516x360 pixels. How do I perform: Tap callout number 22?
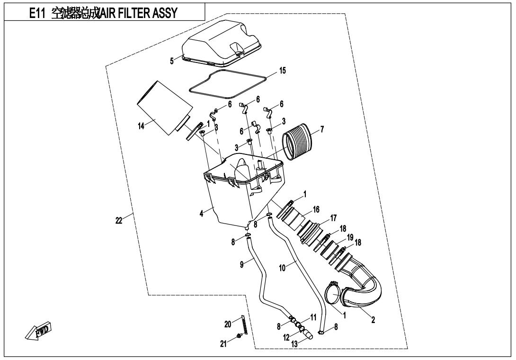point(119,220)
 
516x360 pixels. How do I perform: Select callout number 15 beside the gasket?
point(283,71)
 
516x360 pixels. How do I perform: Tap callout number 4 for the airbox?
point(201,214)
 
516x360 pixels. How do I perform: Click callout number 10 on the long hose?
point(282,268)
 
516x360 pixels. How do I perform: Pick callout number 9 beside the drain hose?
point(242,264)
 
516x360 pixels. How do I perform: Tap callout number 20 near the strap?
point(228,324)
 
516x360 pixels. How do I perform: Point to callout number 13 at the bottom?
point(294,344)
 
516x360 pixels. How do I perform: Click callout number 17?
point(333,218)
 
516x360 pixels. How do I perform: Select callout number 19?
point(349,237)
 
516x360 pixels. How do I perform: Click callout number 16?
point(316,209)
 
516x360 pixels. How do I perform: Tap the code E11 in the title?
point(36,13)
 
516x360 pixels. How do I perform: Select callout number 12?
point(286,338)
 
